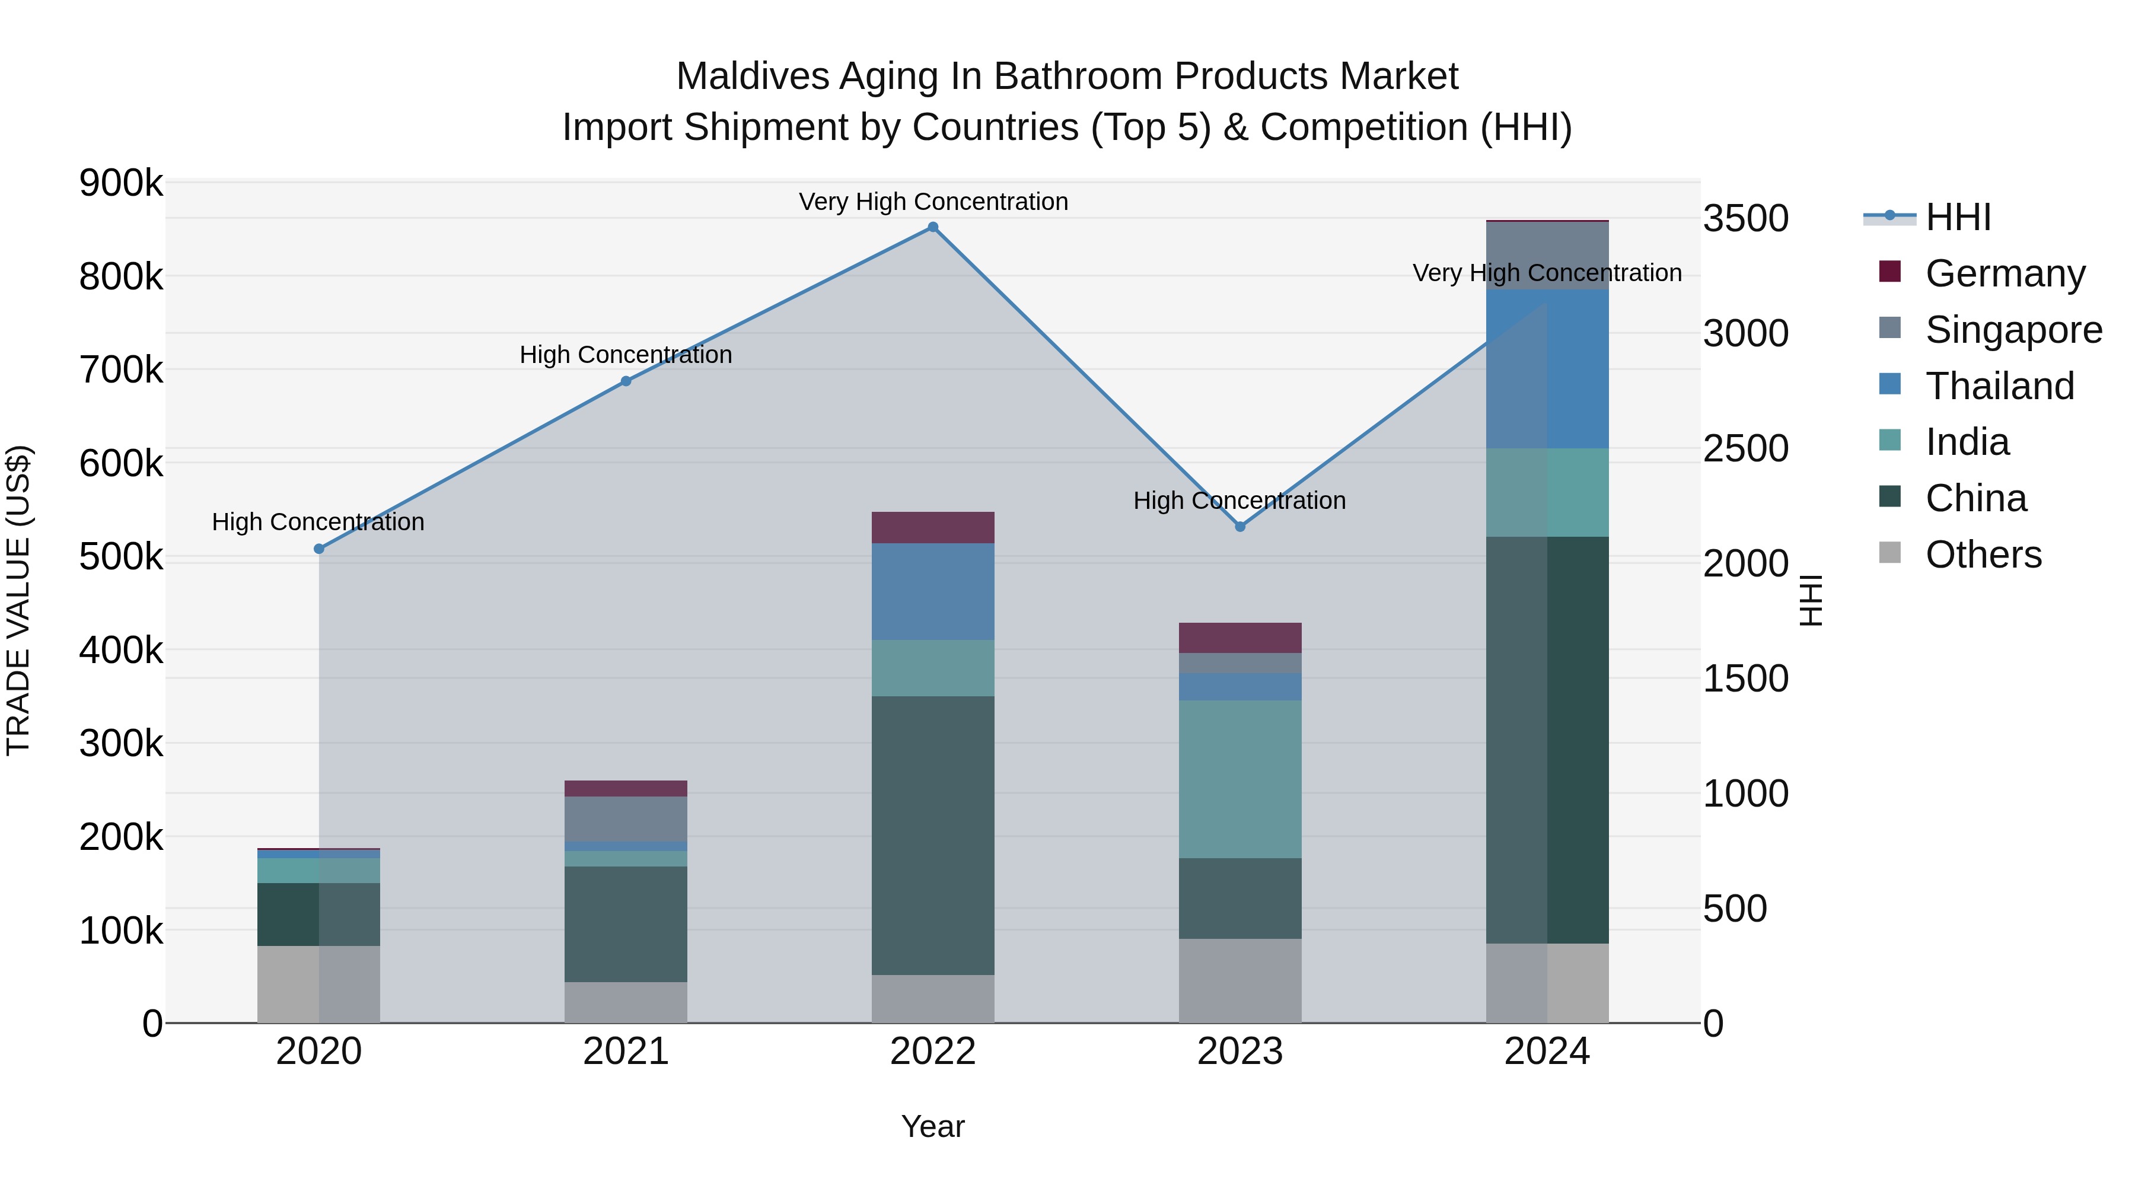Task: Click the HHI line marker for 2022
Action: (x=932, y=227)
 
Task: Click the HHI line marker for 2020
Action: (x=319, y=549)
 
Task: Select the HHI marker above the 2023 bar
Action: (x=1240, y=526)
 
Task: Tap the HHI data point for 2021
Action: (x=626, y=381)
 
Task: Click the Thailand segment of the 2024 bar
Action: (x=1547, y=369)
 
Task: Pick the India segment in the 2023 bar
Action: (x=1240, y=779)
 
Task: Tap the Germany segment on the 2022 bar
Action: (x=932, y=527)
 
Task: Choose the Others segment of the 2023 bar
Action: (x=1240, y=980)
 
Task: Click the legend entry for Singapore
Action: (x=2013, y=330)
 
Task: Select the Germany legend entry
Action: (x=2004, y=273)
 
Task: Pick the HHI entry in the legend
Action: (x=1958, y=217)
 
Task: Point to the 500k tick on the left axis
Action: (x=121, y=557)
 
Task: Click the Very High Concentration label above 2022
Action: (x=932, y=202)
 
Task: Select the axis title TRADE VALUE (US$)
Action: (x=19, y=600)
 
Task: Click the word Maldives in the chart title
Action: (x=752, y=77)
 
